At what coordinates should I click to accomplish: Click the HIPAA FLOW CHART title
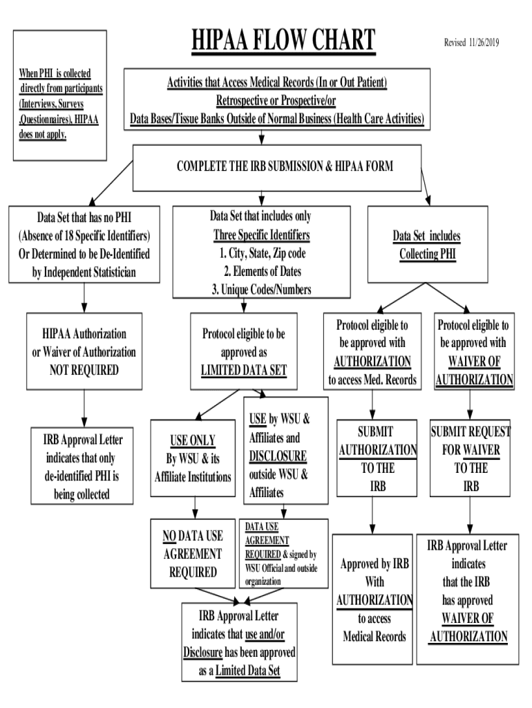[x=283, y=41]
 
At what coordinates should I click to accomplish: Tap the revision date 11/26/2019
[x=472, y=43]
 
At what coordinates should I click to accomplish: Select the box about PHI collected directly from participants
[x=60, y=103]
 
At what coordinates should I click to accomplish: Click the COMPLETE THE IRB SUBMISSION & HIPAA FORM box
[x=276, y=167]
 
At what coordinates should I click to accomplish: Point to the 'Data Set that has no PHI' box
[x=84, y=243]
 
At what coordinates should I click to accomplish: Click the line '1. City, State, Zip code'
[x=260, y=253]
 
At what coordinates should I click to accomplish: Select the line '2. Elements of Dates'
[x=260, y=271]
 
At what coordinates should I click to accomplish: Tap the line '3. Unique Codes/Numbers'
[x=260, y=290]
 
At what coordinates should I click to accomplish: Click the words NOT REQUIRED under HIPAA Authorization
[x=84, y=370]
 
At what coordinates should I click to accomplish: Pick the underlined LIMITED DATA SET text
[x=243, y=370]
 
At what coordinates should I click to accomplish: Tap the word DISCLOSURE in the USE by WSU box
[x=278, y=456]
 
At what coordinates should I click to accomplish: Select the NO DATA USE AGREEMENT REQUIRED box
[x=192, y=554]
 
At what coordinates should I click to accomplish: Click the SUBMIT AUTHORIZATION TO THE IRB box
[x=377, y=458]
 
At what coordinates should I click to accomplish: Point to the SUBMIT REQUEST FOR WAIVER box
[x=471, y=458]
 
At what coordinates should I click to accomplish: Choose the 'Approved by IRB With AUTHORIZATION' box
[x=374, y=599]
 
